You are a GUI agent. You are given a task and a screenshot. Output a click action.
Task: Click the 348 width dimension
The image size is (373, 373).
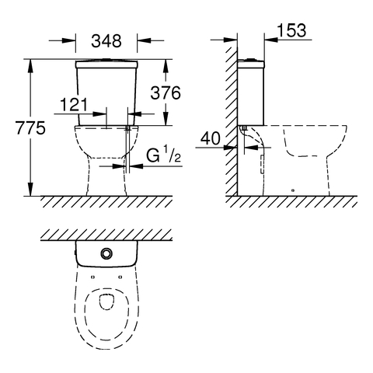[x=106, y=40]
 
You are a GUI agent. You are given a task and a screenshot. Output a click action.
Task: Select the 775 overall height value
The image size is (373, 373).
[x=30, y=127]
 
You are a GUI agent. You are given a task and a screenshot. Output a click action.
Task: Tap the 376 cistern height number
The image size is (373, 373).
[x=166, y=93]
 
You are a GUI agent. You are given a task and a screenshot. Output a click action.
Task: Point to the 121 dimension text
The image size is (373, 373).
[x=74, y=105]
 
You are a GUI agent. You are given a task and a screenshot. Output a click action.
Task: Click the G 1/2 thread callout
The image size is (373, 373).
[x=163, y=155]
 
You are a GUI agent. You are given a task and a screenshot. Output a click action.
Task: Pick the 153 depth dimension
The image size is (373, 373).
[x=291, y=30]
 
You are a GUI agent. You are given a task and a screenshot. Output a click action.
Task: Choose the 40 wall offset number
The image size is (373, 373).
[x=211, y=138]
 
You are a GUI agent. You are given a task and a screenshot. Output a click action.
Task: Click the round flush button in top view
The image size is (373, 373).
[x=106, y=253]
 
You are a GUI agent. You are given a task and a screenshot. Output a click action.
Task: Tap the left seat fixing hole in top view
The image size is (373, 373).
[x=92, y=277]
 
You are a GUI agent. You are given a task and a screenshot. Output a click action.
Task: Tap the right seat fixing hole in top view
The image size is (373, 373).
[x=120, y=277]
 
